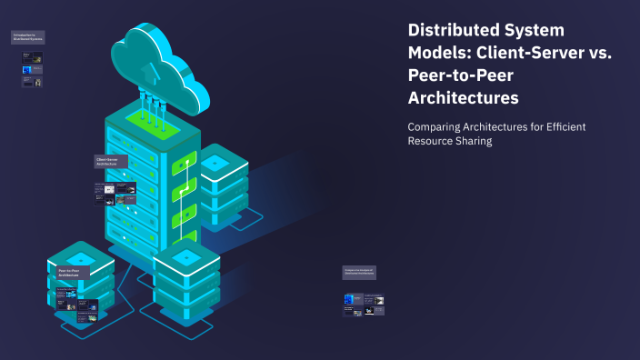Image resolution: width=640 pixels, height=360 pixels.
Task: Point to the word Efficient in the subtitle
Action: pos(558,126)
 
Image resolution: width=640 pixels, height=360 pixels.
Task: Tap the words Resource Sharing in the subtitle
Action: pos(450,142)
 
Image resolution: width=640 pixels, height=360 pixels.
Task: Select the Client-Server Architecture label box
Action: pos(111,162)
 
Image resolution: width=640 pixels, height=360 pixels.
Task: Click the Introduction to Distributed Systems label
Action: pos(28,38)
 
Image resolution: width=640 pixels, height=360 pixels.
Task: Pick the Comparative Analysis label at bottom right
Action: pos(359,272)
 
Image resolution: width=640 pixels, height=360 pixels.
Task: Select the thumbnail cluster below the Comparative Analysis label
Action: pos(364,305)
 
